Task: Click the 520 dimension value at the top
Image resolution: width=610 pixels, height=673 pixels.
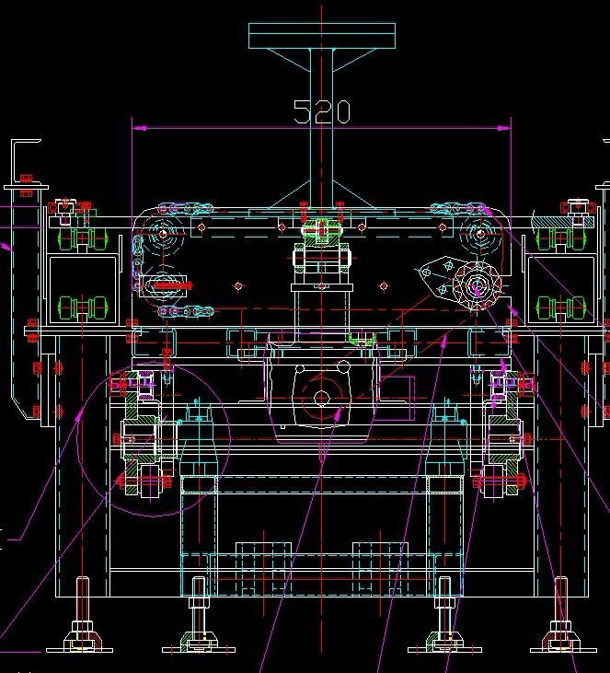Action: pos(322,111)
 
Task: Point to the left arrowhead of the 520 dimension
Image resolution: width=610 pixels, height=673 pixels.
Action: pos(136,129)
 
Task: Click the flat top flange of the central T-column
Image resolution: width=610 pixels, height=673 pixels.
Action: pos(322,36)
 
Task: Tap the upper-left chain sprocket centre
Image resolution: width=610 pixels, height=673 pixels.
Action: pos(164,234)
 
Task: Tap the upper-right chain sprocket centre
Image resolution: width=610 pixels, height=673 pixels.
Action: pos(479,234)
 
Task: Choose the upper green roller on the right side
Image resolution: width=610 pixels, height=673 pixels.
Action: pos(556,239)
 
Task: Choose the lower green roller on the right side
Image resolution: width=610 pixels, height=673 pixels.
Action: pos(556,306)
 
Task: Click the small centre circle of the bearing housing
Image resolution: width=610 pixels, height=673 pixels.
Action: pos(321,397)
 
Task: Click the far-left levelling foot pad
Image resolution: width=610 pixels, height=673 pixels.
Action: pos(82,642)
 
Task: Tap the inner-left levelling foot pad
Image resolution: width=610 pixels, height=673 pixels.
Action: pos(199,642)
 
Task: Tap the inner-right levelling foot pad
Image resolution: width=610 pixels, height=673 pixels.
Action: pos(444,642)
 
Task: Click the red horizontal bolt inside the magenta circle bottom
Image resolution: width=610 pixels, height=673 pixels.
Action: pos(144,481)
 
